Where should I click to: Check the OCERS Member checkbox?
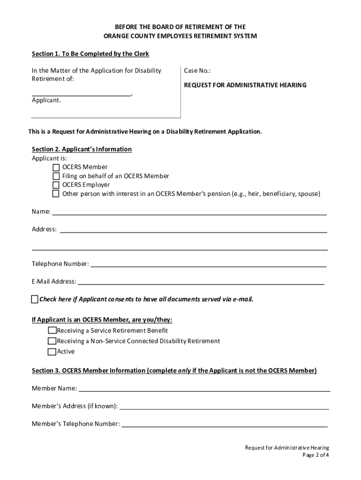click(x=56, y=167)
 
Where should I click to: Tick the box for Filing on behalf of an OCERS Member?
click(x=56, y=176)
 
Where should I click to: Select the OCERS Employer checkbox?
click(x=56, y=185)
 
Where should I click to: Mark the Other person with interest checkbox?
click(x=56, y=194)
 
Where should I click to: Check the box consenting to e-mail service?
click(x=35, y=299)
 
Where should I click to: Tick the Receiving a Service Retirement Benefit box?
click(x=52, y=330)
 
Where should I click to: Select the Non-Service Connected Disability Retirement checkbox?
click(x=52, y=341)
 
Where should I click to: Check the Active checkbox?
click(x=52, y=352)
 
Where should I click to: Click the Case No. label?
click(x=197, y=71)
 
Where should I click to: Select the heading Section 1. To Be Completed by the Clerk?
click(x=90, y=54)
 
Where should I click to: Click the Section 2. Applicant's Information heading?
click(x=82, y=149)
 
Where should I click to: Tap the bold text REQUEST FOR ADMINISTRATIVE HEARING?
click(x=245, y=85)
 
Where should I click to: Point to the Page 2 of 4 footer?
click(x=316, y=455)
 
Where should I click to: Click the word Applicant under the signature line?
click(x=46, y=100)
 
